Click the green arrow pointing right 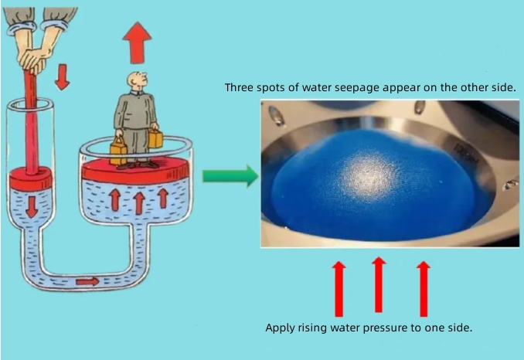click(230, 175)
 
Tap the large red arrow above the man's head click(137, 42)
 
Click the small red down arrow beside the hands click(62, 77)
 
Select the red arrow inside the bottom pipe click(87, 281)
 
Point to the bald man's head click(136, 81)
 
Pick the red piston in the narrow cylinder click(30, 178)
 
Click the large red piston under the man click(135, 170)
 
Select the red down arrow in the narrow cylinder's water click(32, 207)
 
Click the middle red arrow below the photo click(378, 284)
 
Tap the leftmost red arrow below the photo click(339, 288)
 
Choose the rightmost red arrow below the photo click(424, 288)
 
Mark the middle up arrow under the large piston click(139, 203)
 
